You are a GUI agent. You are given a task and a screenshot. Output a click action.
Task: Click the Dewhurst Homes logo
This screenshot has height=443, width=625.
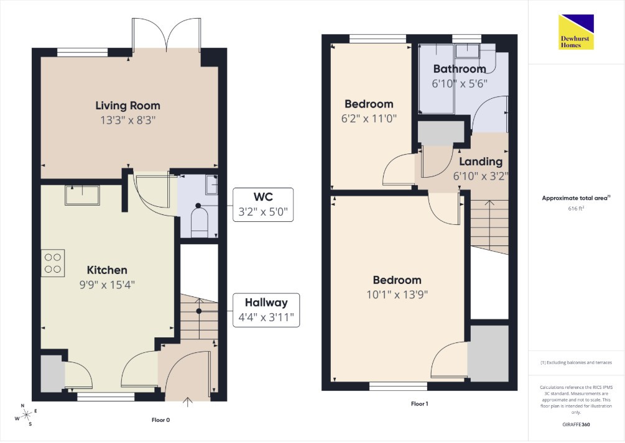tap(576, 32)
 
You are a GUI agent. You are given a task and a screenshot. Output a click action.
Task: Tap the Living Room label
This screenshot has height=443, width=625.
tap(127, 106)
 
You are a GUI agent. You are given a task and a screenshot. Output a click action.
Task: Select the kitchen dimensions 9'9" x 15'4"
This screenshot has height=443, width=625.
tap(107, 285)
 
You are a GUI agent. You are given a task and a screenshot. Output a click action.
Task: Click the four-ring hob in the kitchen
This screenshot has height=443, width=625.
tap(53, 263)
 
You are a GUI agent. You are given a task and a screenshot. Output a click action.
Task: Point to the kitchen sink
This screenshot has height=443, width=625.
tap(82, 195)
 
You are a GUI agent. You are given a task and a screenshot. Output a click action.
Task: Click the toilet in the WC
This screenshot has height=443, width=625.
tap(199, 221)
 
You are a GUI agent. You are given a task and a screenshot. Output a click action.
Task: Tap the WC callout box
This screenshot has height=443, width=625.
tap(263, 204)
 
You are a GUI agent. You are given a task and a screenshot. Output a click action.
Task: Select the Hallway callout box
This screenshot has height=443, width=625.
tap(266, 310)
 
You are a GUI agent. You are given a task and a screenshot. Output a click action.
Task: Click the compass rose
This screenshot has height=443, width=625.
tap(27, 415)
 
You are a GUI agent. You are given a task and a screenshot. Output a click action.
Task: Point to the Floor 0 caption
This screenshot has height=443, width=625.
tap(160, 420)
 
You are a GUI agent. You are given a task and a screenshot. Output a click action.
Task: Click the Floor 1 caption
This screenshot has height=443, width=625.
tap(419, 404)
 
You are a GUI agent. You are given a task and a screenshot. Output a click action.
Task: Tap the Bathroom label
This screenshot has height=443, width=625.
tap(460, 69)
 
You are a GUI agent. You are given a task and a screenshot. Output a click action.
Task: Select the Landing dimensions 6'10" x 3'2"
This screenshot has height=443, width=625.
tap(481, 176)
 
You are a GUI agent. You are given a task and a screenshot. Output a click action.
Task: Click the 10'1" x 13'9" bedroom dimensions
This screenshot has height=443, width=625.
tap(397, 295)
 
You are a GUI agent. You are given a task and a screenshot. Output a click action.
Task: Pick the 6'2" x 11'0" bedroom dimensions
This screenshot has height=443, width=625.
tap(369, 119)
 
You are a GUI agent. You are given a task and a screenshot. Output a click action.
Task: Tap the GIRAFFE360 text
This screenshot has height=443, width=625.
tap(576, 425)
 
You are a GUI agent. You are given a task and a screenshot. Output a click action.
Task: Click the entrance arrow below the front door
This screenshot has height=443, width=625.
tap(187, 402)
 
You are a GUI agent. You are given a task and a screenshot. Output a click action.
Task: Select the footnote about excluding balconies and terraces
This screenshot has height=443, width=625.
tap(576, 362)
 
